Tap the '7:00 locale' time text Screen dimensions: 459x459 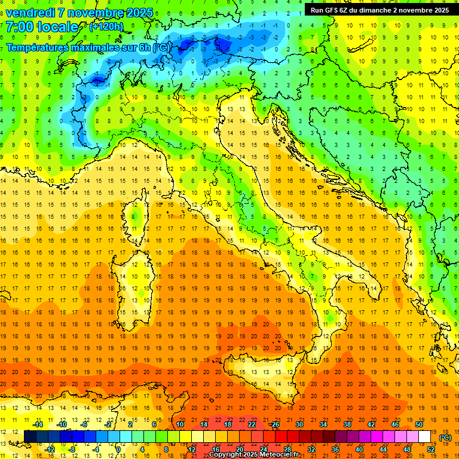42,27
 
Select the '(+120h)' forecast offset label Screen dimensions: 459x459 106,26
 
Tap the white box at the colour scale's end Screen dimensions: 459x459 425,437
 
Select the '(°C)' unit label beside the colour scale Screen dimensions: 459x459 445,437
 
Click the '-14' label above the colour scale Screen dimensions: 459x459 37,424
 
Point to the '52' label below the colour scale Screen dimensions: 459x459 431,449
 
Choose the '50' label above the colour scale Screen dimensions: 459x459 419,424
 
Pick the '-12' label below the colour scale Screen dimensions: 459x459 50,449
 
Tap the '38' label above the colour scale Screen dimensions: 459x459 347,424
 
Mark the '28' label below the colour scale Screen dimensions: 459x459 287,449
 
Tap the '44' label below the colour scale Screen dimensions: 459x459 383,449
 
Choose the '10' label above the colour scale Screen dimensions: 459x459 180,424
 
